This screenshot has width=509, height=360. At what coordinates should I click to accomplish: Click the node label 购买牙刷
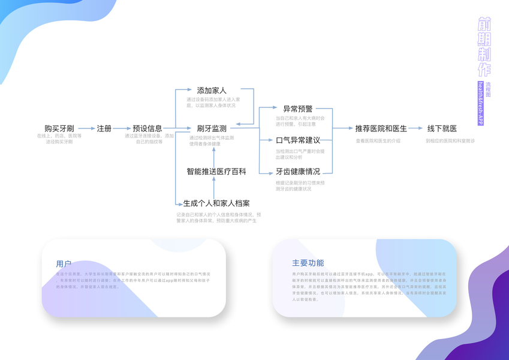click(x=59, y=128)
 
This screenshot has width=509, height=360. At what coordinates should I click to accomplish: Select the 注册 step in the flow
click(x=104, y=128)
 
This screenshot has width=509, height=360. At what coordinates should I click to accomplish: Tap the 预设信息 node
click(x=147, y=128)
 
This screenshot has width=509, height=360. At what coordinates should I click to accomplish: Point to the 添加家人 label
click(x=212, y=91)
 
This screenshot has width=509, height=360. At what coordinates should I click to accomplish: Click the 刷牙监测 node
click(x=212, y=128)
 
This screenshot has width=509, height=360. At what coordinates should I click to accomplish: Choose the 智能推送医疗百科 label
click(x=216, y=172)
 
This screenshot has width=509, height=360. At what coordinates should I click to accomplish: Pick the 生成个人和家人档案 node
click(x=216, y=203)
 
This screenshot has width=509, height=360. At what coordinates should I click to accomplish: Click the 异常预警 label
click(x=298, y=109)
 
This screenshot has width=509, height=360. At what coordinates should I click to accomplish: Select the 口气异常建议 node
click(x=298, y=140)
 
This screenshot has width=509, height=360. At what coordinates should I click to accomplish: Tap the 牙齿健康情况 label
click(x=298, y=172)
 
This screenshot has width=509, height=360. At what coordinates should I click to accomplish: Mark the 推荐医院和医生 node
click(x=381, y=128)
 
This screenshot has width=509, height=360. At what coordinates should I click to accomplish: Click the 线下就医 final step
click(x=442, y=128)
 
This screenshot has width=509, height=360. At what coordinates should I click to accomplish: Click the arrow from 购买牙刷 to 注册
click(x=86, y=128)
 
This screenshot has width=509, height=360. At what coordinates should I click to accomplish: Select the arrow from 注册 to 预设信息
click(x=122, y=128)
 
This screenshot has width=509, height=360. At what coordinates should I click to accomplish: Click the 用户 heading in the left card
click(x=64, y=263)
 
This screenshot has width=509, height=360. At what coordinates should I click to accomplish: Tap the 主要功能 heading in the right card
click(x=308, y=263)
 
